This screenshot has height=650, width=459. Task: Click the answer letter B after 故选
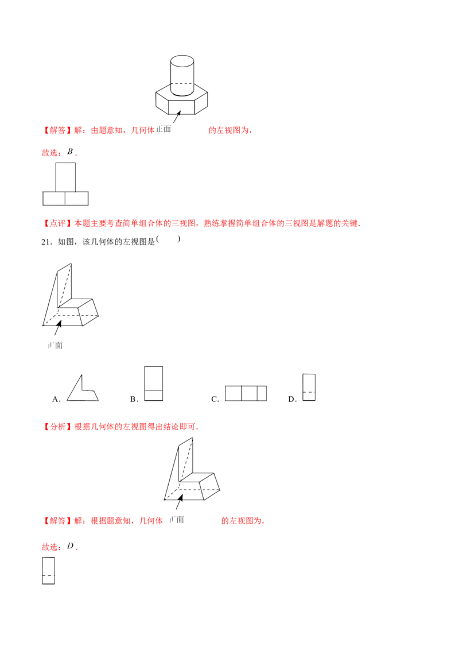tap(70, 152)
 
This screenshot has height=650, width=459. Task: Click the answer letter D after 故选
tap(71, 546)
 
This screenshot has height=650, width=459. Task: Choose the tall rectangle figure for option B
tap(153, 384)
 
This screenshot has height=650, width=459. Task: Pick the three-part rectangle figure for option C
tap(246, 393)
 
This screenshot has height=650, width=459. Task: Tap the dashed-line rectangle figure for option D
tap(309, 387)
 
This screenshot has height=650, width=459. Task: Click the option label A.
tap(56, 399)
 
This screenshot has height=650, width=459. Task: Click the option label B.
tap(134, 399)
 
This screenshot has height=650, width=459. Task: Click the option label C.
tap(215, 399)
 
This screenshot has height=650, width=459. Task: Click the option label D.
tap(293, 399)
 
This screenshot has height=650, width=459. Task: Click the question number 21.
tap(46, 242)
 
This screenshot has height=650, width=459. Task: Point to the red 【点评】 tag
tap(57, 223)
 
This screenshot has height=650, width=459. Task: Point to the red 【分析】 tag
tap(57, 427)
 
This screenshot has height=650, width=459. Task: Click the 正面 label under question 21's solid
tap(55, 345)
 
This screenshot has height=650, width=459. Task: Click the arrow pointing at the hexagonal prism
tap(177, 117)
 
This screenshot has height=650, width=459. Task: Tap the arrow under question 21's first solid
tap(58, 327)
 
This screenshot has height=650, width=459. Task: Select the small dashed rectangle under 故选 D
tap(48, 571)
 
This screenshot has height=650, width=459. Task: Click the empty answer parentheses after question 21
tap(168, 239)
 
